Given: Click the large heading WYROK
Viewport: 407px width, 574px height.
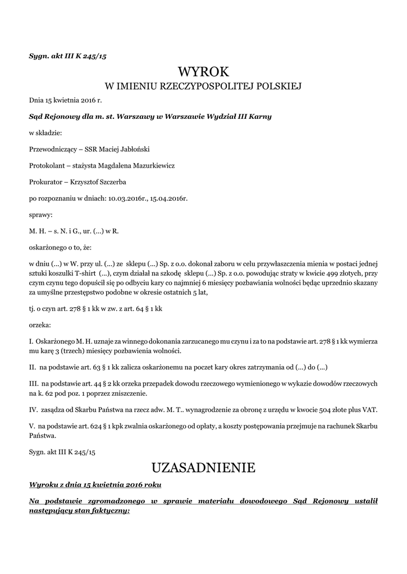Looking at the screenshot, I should tap(203, 72).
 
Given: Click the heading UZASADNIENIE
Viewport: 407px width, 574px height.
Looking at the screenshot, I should tap(203, 467).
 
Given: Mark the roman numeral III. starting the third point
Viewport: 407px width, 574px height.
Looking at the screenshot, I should tap(34, 384).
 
